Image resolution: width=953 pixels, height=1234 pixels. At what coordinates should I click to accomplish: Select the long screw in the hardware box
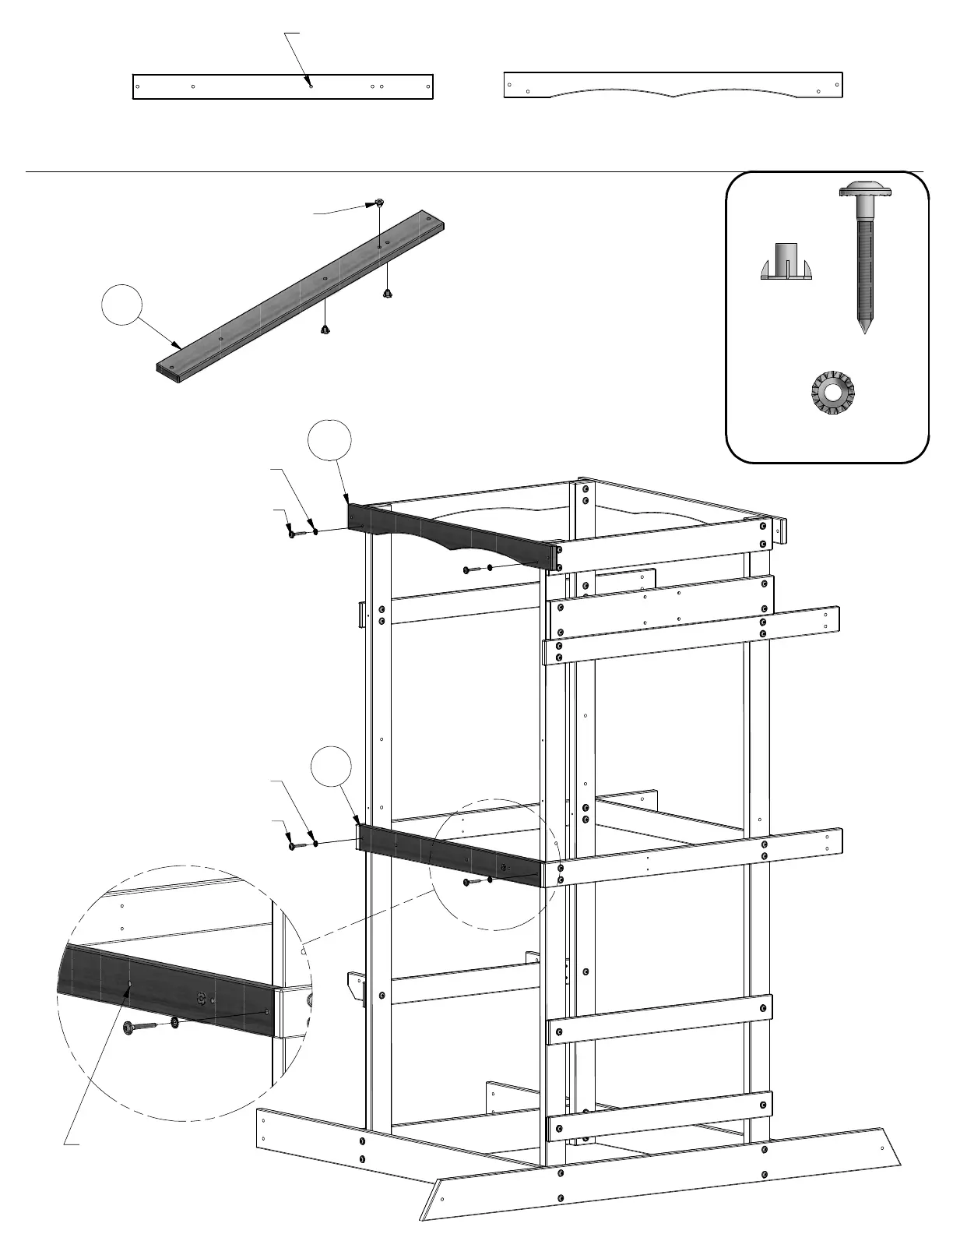point(864,257)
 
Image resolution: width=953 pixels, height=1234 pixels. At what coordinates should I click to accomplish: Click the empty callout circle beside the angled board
point(122,306)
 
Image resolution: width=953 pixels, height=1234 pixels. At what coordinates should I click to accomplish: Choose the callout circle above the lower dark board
point(331,767)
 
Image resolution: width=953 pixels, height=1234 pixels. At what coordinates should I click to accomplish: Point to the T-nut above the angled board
point(378,203)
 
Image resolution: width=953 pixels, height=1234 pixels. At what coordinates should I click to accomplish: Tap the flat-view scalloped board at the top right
point(673,85)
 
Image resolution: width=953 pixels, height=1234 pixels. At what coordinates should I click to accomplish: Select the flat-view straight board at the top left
point(283,86)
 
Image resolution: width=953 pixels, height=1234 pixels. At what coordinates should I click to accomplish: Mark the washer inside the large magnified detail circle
point(174,1022)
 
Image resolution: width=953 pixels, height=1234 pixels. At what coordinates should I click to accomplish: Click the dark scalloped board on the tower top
point(452,534)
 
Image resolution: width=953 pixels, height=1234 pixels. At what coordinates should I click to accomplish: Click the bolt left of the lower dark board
point(294,844)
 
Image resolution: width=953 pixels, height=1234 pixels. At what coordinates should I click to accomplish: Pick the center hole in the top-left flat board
point(311,86)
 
